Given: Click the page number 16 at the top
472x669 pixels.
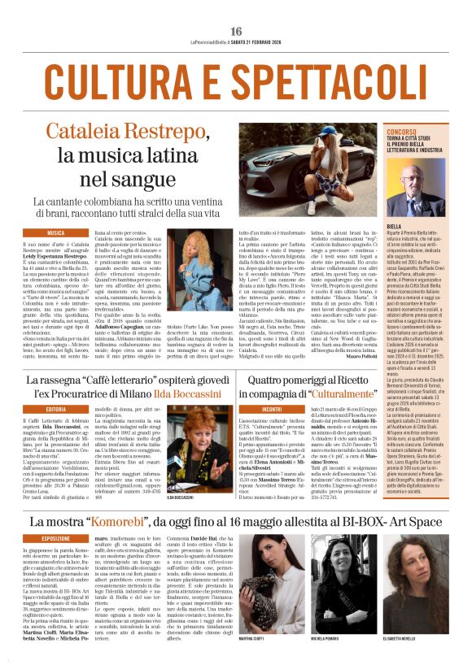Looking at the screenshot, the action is [x=236, y=8].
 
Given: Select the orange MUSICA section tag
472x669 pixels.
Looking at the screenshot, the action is [x=55, y=232].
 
